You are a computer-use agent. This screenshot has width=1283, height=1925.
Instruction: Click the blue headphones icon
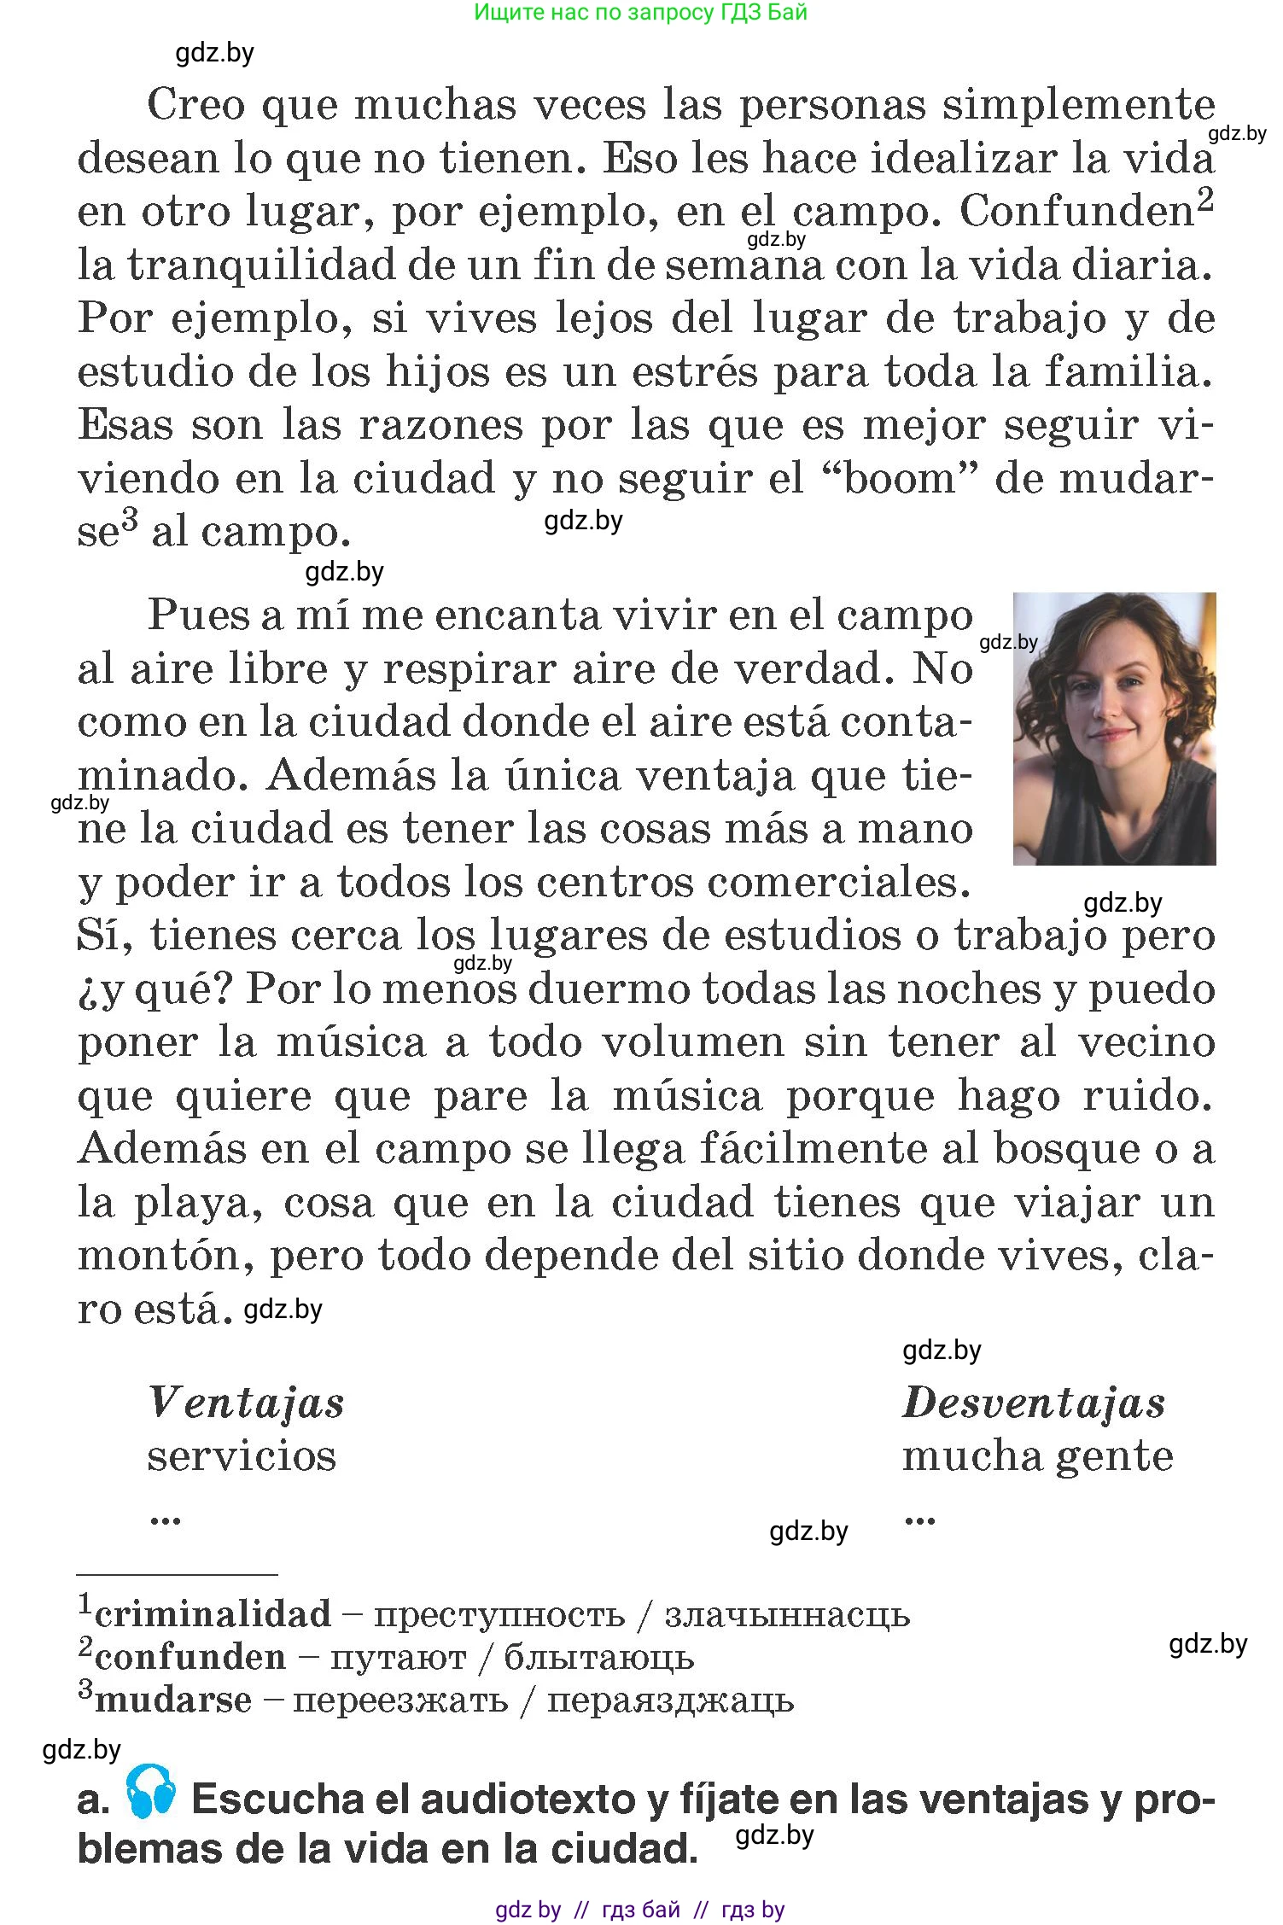point(151,1791)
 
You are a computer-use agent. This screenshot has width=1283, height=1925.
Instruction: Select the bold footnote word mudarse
point(173,1700)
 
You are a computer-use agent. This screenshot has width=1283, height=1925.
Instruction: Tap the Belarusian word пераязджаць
point(670,1700)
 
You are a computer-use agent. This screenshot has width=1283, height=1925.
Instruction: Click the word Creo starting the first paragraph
point(196,105)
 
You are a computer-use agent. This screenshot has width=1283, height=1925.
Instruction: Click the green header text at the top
point(640,12)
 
